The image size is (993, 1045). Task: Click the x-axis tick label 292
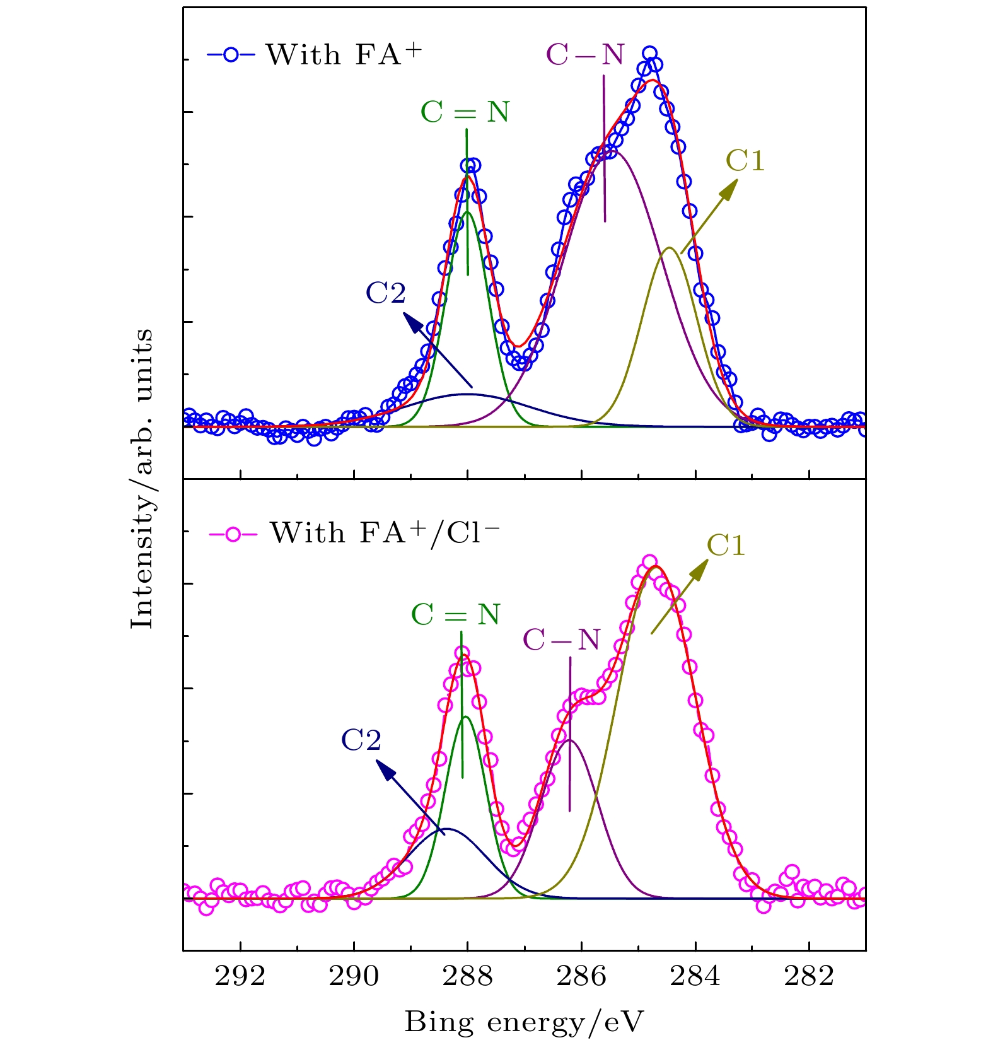(x=240, y=977)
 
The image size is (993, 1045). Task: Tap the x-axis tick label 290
(x=354, y=977)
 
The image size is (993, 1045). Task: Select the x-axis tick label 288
(x=467, y=977)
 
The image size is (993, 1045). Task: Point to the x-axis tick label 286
(x=581, y=977)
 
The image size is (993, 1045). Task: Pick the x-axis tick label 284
(x=695, y=977)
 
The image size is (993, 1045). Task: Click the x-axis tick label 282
(x=809, y=977)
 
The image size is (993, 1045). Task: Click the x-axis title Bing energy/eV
(x=524, y=1022)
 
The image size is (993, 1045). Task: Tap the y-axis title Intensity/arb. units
(x=142, y=479)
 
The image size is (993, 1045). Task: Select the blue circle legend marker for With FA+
(x=231, y=55)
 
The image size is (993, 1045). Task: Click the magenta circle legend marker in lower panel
(x=233, y=534)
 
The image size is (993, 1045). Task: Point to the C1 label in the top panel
(x=745, y=161)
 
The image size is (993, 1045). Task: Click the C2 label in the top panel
(x=386, y=293)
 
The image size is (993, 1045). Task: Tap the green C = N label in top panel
(x=465, y=112)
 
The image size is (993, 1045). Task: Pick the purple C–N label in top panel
(x=586, y=55)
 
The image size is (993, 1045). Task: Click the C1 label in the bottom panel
(x=726, y=546)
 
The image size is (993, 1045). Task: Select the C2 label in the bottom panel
(x=361, y=740)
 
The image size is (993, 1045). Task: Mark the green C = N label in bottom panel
(x=456, y=615)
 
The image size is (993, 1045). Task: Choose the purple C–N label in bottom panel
(x=562, y=640)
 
